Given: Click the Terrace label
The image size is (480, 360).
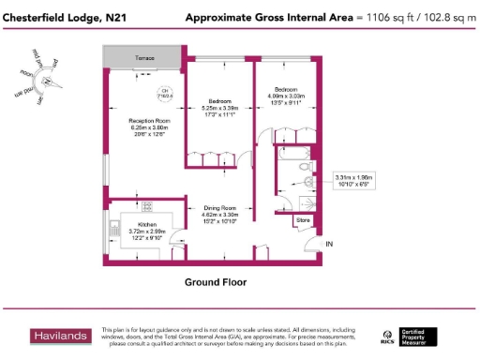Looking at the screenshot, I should click(144, 58).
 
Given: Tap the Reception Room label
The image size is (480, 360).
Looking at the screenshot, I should click(149, 120).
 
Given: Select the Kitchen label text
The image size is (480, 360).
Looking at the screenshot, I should click(147, 225).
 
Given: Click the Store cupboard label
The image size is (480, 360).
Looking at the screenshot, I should click(302, 221).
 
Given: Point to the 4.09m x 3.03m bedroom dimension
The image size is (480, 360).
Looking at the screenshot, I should click(287, 94).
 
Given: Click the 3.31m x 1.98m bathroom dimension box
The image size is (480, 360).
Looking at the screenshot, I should click(353, 179).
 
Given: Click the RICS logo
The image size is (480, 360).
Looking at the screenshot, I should click(388, 336).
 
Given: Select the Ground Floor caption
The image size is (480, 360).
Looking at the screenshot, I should click(222, 281).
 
